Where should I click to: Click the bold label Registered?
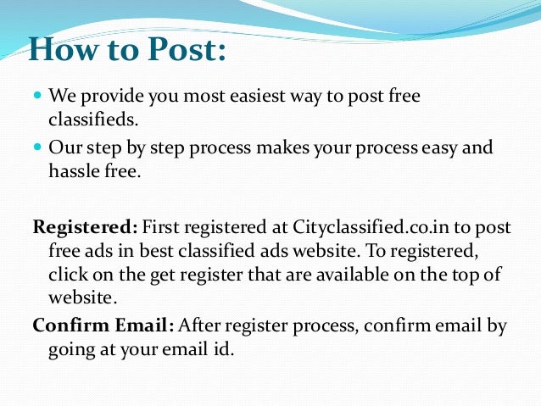click(84, 226)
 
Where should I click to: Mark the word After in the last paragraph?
click(200, 325)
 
